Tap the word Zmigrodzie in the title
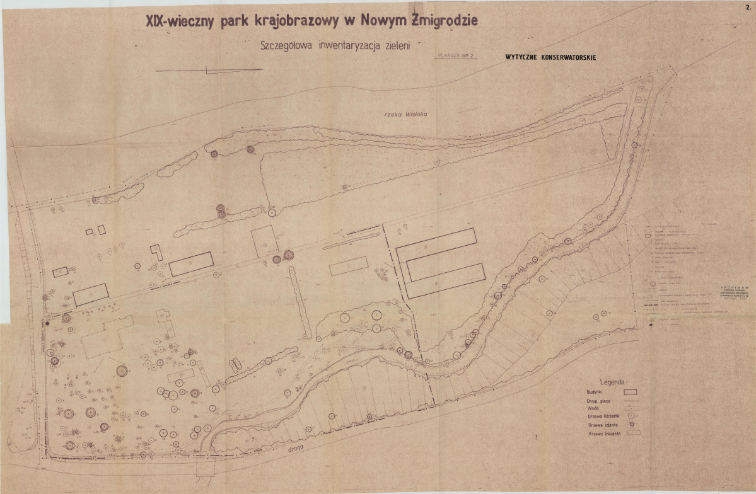pos(445,20)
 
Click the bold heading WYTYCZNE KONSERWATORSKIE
pos(551,57)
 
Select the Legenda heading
pos(612,382)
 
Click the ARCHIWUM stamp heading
pos(736,289)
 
